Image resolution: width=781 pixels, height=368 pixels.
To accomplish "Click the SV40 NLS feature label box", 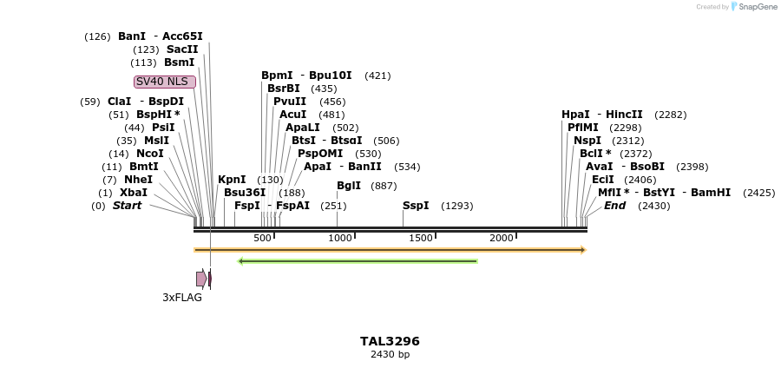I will (x=165, y=82).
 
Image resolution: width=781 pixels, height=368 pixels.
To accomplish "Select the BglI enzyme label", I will (x=349, y=186).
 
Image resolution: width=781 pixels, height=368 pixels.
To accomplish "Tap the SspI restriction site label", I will (x=416, y=206).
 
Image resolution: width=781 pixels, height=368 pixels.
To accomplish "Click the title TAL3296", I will (x=390, y=341).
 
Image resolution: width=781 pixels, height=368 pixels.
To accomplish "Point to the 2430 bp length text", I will (x=390, y=354).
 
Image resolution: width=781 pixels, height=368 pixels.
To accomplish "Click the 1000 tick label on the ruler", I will (x=339, y=239).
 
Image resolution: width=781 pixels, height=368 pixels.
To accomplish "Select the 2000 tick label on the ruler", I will (x=501, y=239).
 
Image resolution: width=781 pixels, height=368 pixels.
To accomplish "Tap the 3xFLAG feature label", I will (x=182, y=298).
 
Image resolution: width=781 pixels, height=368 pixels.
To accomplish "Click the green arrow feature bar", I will (x=358, y=260).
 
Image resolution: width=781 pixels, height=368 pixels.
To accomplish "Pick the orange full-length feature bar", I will (x=390, y=250).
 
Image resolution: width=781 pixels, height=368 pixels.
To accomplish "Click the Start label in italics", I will (x=127, y=206).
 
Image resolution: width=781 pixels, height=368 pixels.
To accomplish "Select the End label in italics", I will (x=614, y=206).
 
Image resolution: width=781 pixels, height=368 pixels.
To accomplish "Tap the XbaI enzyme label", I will (x=134, y=193).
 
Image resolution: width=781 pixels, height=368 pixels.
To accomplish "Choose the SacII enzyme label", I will (x=182, y=49).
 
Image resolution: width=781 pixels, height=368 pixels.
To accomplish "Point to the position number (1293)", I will (x=457, y=206).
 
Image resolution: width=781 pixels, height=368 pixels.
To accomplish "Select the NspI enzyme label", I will (x=587, y=141).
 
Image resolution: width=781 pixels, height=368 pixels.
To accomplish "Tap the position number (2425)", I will (x=759, y=193).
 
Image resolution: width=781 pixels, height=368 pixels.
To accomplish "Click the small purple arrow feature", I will (x=201, y=279).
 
